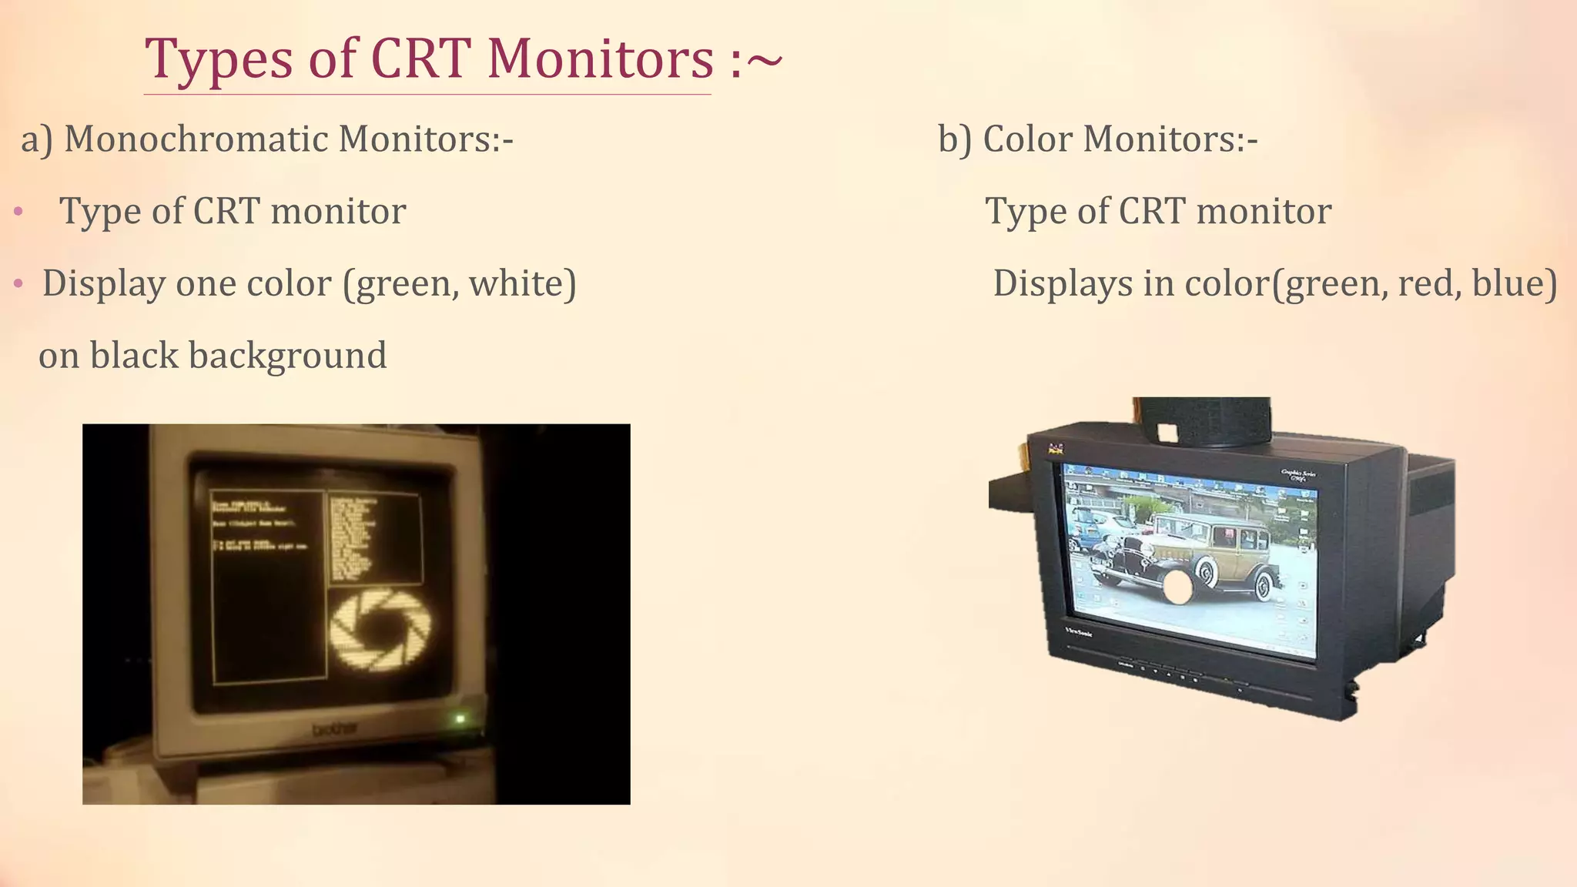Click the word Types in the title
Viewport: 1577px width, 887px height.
coord(219,60)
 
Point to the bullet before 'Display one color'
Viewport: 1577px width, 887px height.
coord(18,285)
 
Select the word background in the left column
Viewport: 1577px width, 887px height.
coord(287,356)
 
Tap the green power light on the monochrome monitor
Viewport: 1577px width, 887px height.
coord(460,719)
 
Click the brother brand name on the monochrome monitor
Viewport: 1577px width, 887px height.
coord(334,729)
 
